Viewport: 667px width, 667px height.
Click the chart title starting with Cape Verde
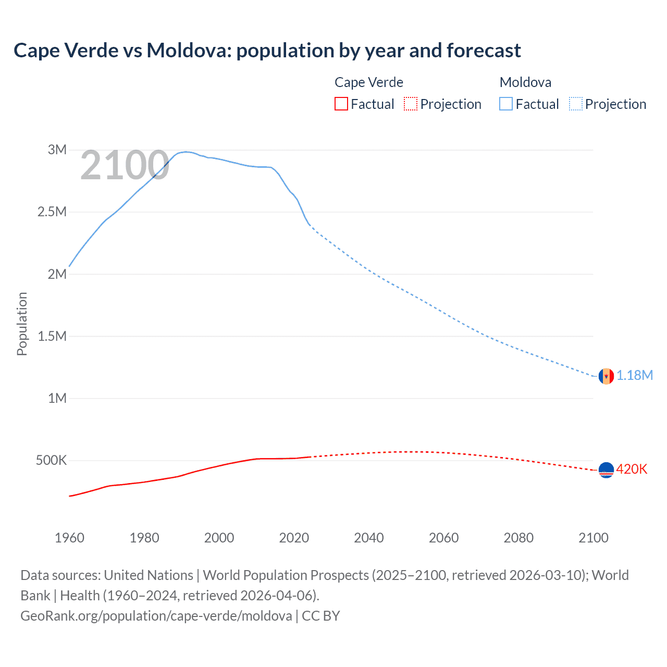coord(267,51)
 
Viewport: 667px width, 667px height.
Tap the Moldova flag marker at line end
coord(606,376)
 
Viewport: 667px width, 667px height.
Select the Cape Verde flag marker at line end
coord(606,470)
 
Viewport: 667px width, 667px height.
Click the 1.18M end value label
coord(635,376)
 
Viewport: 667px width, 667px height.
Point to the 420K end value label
coord(632,470)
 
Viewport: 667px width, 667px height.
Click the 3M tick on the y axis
coord(57,150)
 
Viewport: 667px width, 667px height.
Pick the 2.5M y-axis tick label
coord(52,212)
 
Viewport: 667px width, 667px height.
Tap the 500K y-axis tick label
coord(51,461)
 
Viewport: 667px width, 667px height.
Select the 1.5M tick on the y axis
coord(52,336)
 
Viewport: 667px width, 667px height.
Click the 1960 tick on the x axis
coord(69,538)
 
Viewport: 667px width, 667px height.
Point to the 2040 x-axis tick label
coord(369,538)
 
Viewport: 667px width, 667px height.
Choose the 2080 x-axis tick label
coord(518,538)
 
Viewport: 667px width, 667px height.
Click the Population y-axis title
coord(22,324)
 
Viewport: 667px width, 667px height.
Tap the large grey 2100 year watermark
coord(125,166)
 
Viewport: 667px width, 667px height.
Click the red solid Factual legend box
coord(341,104)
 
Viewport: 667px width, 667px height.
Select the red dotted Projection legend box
coord(411,104)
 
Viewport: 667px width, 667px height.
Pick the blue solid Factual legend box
coord(506,104)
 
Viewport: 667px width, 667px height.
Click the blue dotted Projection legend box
coord(575,104)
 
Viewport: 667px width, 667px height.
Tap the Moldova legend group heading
coord(525,82)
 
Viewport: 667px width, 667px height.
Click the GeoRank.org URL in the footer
coord(156,616)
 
